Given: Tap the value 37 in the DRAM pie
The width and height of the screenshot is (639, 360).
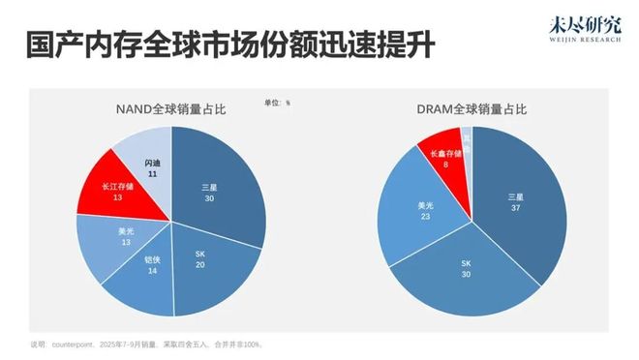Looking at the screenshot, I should pyautogui.click(x=515, y=209).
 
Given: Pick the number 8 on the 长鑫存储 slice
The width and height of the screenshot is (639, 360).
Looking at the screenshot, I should pyautogui.click(x=444, y=165).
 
